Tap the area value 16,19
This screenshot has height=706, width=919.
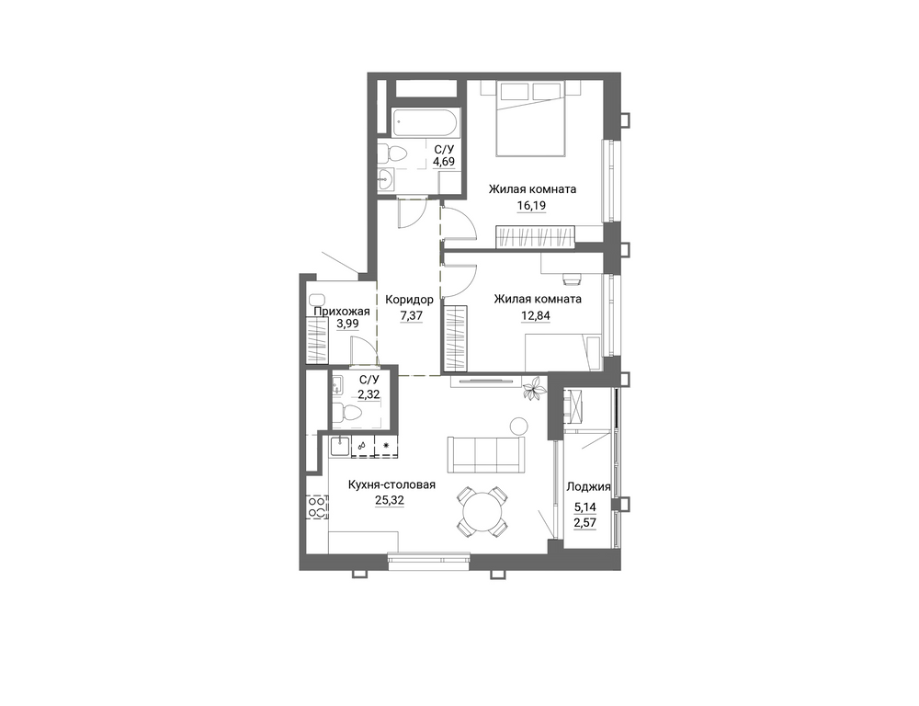point(531,206)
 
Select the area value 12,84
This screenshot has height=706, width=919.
point(536,316)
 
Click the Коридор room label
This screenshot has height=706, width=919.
point(409,300)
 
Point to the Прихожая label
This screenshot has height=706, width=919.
point(342,312)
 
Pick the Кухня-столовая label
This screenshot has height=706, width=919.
point(391,485)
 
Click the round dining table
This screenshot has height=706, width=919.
point(482,511)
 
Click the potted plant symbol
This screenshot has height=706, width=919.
point(533,389)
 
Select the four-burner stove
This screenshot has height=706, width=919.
point(317,507)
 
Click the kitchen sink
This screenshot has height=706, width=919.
point(340,447)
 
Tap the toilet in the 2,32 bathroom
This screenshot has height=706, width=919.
point(347,413)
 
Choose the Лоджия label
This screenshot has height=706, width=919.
point(588,486)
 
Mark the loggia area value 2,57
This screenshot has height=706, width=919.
point(584,522)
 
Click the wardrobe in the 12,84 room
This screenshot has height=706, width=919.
point(455,337)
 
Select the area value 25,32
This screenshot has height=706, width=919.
point(389,500)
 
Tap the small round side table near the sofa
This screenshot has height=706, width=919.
point(518,426)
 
